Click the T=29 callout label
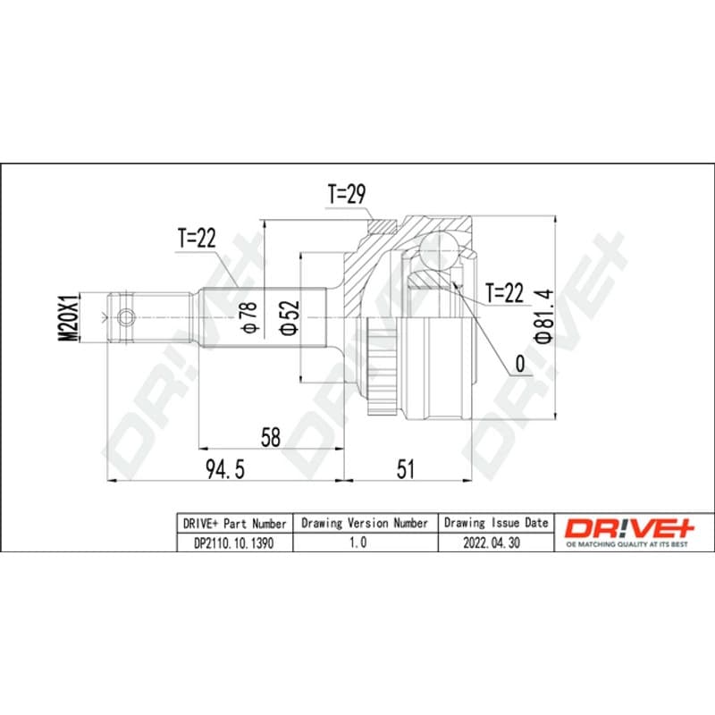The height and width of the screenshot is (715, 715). pos(347,194)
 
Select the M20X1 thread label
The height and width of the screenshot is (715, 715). pos(70,317)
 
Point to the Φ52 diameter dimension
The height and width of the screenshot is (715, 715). pos(290,317)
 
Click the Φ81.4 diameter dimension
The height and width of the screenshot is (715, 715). pos(544,315)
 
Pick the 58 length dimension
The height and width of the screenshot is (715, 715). pos(271,437)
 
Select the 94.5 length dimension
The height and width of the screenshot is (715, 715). pos(225,469)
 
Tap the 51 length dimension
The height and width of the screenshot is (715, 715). pos(406,469)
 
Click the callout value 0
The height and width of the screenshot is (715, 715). pos(520,364)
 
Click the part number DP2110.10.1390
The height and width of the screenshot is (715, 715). pos(234,543)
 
